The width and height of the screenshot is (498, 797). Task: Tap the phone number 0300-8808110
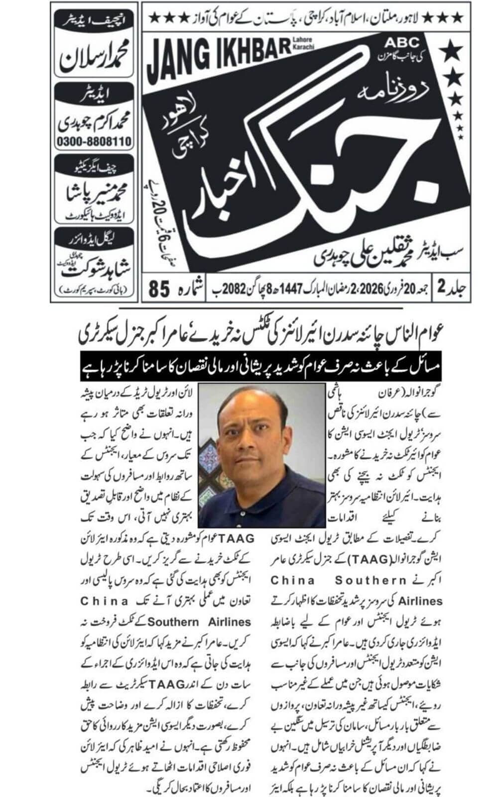95,142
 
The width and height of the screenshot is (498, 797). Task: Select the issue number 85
160,289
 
